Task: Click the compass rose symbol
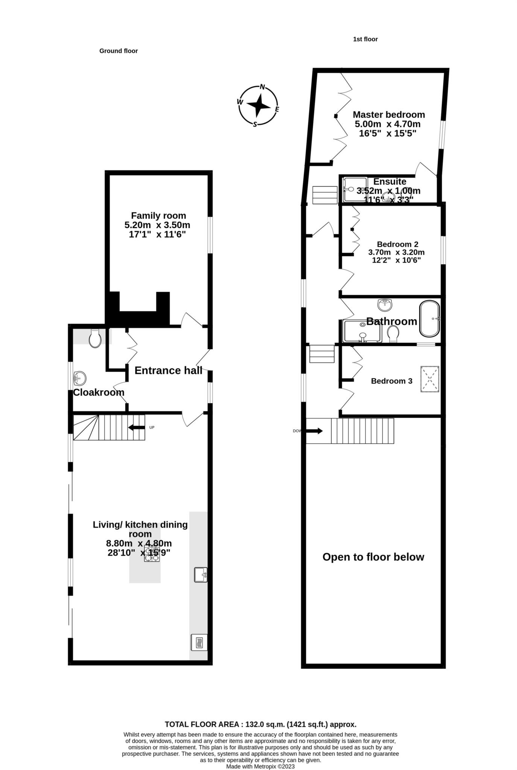coord(258,106)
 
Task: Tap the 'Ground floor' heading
coord(119,51)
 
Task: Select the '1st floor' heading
coord(365,39)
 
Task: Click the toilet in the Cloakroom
coord(94,338)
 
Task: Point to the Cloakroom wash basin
coord(80,378)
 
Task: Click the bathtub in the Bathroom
coord(429,318)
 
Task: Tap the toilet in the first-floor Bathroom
coord(393,333)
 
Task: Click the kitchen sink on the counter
coord(201,574)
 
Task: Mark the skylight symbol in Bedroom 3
coord(430,379)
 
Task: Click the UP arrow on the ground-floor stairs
coord(137,427)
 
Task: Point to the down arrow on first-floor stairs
coord(314,431)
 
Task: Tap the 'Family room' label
coord(158,216)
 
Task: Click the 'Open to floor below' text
coord(373,557)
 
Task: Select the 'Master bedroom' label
coord(389,115)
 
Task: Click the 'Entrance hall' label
coord(168,371)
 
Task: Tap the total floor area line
coord(260,725)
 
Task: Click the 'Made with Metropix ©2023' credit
coord(260,766)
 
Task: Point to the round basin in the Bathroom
coord(385,305)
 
